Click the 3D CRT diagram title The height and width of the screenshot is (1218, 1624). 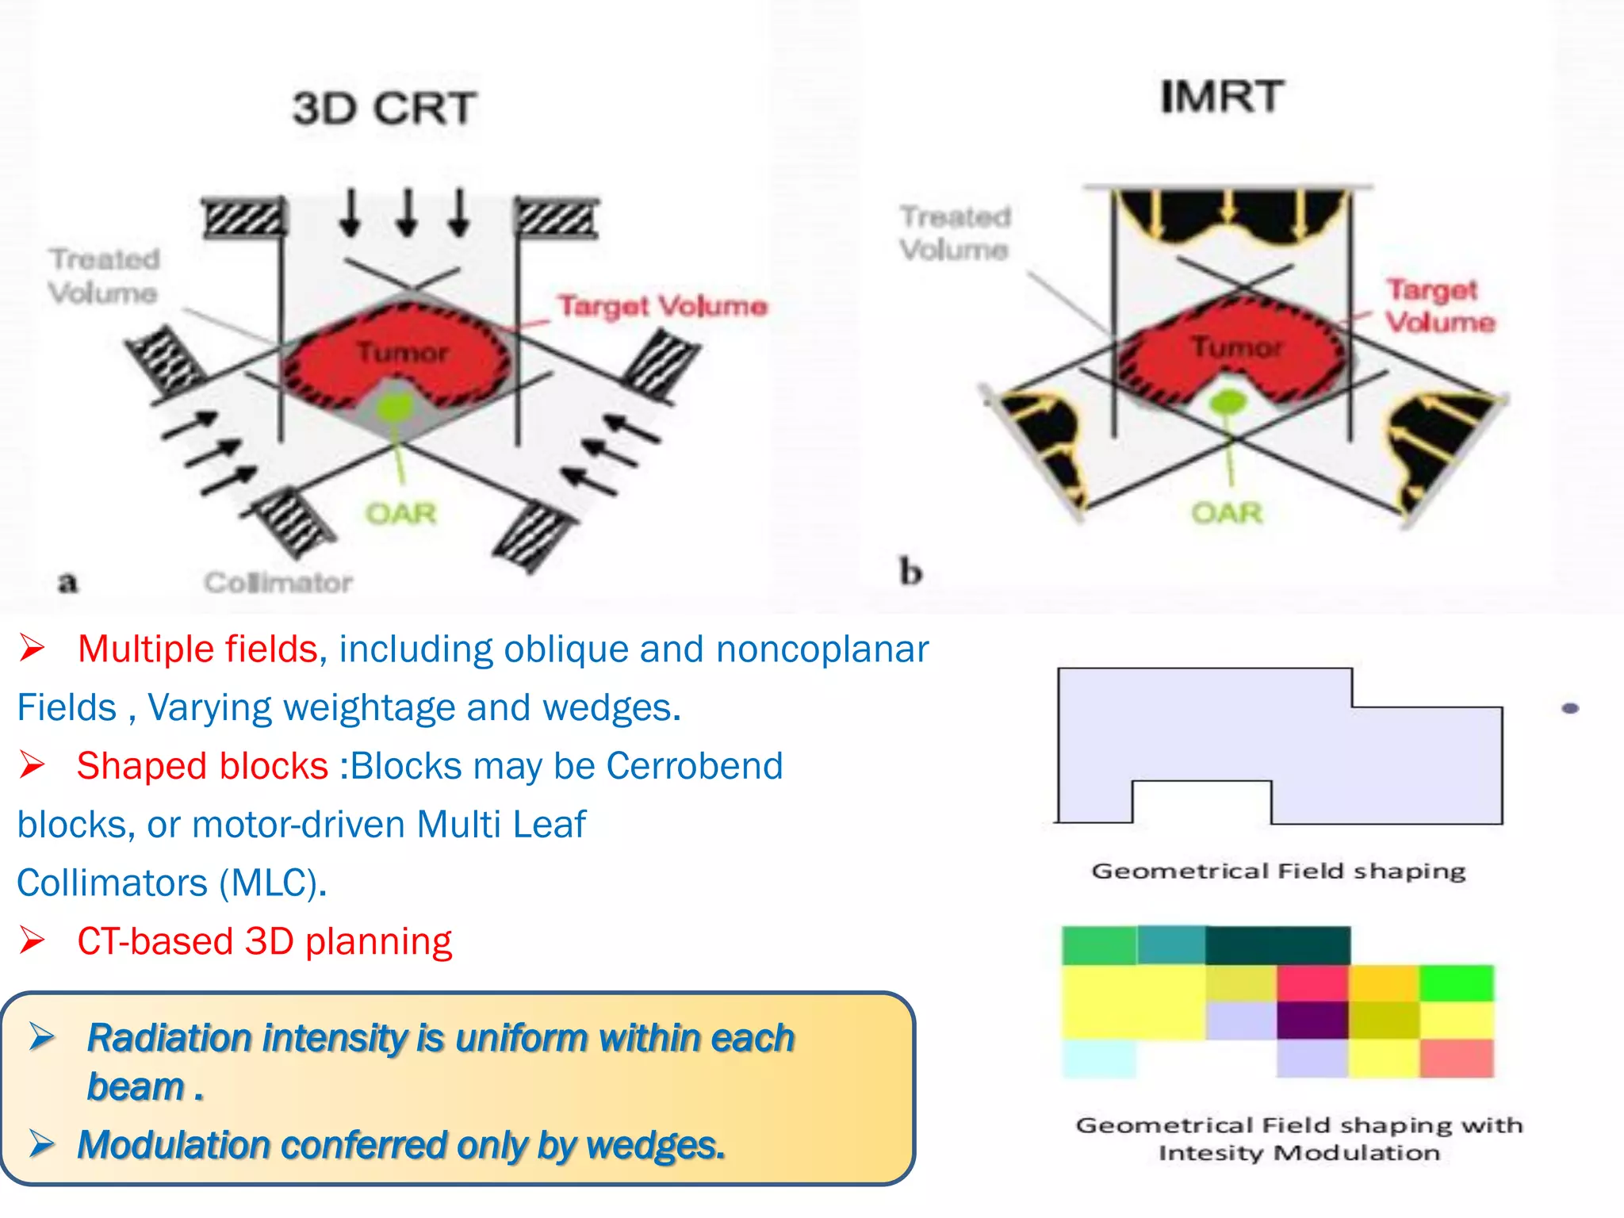pos(385,109)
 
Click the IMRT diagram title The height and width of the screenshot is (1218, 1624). pos(1222,97)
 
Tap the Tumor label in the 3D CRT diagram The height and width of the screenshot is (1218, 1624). pos(402,352)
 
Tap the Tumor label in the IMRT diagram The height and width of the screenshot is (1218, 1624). pos(1236,347)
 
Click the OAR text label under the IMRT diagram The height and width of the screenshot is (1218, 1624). pos(1226,513)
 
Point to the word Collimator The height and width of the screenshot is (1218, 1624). pos(278,583)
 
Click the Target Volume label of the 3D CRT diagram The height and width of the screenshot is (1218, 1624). pos(662,306)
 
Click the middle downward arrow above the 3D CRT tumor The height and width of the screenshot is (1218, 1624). pos(407,213)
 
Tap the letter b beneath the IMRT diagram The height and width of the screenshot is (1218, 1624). pos(910,571)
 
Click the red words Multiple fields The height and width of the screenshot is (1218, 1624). pos(197,649)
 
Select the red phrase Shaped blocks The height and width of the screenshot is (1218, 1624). pos(202,766)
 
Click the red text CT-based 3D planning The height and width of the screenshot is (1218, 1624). pos(264,941)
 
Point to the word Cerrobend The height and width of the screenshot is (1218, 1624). pos(695,766)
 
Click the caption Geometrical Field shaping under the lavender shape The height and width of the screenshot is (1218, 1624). pos(1278,871)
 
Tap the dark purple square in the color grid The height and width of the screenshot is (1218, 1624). pos(1312,1020)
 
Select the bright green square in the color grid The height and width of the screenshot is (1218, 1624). pos(1457,982)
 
